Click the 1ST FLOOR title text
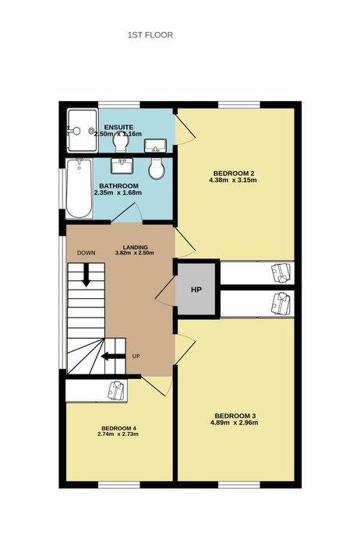click(x=150, y=35)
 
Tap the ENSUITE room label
click(x=118, y=127)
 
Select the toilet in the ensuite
click(x=120, y=142)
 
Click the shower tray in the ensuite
click(x=82, y=131)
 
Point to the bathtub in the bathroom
click(x=79, y=188)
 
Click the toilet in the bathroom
click(x=156, y=169)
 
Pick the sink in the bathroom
click(x=122, y=166)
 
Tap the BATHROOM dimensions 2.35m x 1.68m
click(x=118, y=192)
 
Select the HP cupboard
click(x=196, y=289)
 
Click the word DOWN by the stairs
click(x=86, y=253)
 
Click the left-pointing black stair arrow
click(x=113, y=356)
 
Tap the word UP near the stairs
click(x=136, y=357)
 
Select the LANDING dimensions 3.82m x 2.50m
click(x=134, y=253)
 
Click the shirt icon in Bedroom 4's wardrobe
click(x=116, y=390)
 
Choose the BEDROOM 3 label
click(x=235, y=416)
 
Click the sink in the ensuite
click(x=155, y=146)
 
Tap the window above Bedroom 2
click(x=239, y=105)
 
